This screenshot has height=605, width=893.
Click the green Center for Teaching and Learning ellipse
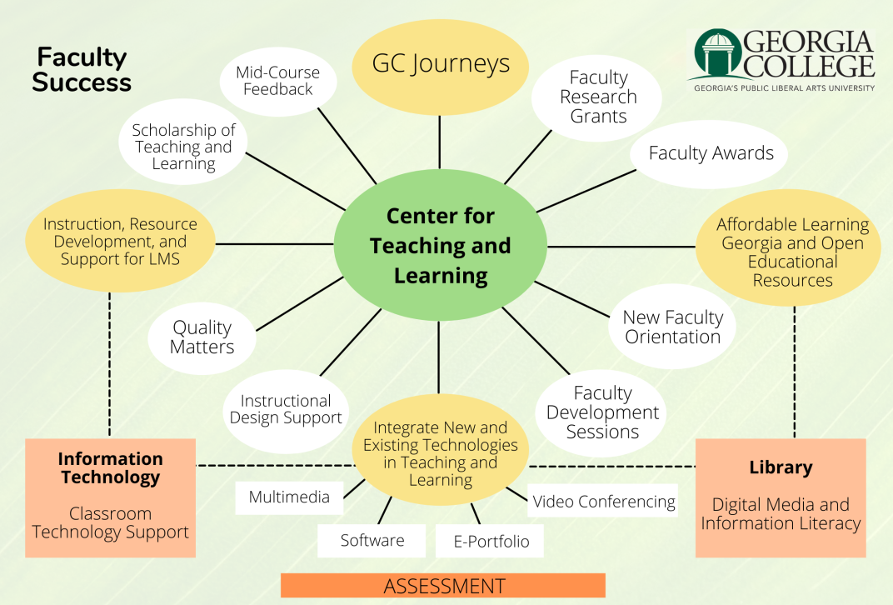tap(440, 246)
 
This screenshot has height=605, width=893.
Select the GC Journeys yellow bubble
tap(440, 64)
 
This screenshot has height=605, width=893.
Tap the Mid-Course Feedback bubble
tap(278, 81)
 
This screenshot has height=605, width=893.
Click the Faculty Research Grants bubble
tap(598, 97)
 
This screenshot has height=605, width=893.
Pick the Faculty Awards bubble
tap(711, 153)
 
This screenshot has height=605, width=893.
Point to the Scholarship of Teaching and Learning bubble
tap(183, 147)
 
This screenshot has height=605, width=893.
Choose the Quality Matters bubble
tap(202, 337)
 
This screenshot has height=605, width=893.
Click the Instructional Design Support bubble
tap(286, 409)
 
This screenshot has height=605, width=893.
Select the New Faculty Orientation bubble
tap(672, 327)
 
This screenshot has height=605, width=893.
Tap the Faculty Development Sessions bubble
tap(602, 412)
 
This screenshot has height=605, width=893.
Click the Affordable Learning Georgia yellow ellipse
tap(792, 252)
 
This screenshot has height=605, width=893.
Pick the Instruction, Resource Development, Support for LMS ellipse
tap(120, 242)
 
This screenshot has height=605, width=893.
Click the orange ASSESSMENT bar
tap(443, 586)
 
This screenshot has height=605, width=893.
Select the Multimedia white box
tap(289, 497)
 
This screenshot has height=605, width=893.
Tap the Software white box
tap(372, 541)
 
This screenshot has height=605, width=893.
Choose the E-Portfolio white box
tap(491, 542)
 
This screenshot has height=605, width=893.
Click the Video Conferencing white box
tap(604, 502)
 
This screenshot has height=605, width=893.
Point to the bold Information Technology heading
tap(110, 467)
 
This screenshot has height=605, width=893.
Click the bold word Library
tap(781, 467)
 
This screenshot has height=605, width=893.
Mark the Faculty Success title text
tap(82, 70)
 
